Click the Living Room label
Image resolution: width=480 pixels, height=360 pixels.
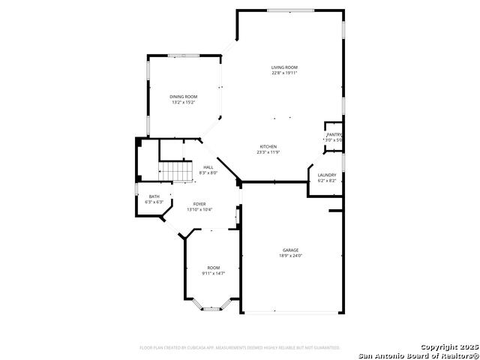pyautogui.click(x=284, y=67)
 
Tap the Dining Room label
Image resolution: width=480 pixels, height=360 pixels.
pyautogui.click(x=183, y=97)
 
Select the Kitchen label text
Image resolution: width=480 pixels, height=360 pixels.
pyautogui.click(x=268, y=146)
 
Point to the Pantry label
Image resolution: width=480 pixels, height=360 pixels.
pyautogui.click(x=334, y=135)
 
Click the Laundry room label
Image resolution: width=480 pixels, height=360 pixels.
pyautogui.click(x=327, y=175)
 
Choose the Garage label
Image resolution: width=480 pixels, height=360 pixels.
pyautogui.click(x=290, y=250)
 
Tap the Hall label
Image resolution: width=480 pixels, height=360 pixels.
pyautogui.click(x=208, y=167)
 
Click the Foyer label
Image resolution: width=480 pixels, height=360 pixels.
pyautogui.click(x=199, y=204)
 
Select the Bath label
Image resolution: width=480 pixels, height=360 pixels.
pyautogui.click(x=154, y=196)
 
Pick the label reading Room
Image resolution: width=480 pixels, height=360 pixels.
pyautogui.click(x=214, y=268)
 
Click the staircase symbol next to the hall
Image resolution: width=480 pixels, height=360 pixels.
pyautogui.click(x=179, y=172)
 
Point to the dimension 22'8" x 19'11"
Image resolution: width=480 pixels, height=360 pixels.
pyautogui.click(x=284, y=73)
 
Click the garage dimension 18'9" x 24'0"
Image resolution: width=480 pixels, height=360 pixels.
pyautogui.click(x=290, y=256)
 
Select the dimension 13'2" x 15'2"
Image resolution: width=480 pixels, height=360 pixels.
pyautogui.click(x=183, y=102)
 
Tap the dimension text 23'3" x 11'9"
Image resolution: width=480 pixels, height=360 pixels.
pyautogui.click(x=268, y=152)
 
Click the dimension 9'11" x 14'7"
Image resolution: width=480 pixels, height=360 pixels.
pyautogui.click(x=214, y=274)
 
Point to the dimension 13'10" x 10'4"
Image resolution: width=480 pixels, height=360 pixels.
pyautogui.click(x=199, y=209)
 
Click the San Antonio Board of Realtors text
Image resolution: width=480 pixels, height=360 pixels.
pyautogui.click(x=418, y=355)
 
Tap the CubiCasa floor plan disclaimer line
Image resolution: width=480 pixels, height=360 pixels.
pyautogui.click(x=240, y=348)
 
